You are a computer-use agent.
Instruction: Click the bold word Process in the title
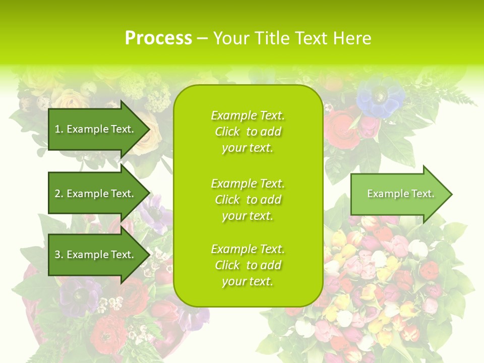pos(158,38)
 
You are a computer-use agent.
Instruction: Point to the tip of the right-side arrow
pos(451,194)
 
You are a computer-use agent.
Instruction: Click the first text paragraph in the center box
pos(248,132)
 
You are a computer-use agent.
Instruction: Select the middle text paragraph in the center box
pos(248,200)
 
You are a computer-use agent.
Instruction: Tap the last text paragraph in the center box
pos(248,265)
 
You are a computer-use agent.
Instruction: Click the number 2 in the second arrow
pos(57,194)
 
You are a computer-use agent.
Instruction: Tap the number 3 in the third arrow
pos(57,255)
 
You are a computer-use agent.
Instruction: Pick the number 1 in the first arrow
pos(57,129)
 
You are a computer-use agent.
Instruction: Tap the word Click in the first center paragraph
pos(227,132)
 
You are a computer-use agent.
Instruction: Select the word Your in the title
pos(230,38)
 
